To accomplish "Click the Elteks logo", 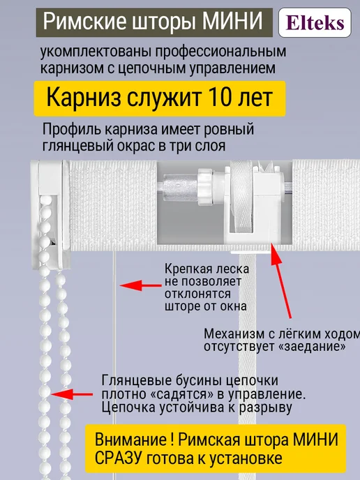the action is pyautogui.click(x=315, y=22).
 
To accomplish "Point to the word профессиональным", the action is pyautogui.click(x=220, y=52).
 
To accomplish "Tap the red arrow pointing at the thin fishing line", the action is pyautogui.click(x=140, y=285).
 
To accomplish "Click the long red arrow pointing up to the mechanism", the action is pyautogui.click(x=281, y=280).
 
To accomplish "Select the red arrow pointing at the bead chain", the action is pyautogui.click(x=72, y=394).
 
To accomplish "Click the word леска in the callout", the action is pyautogui.click(x=232, y=269).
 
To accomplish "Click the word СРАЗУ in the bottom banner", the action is pyautogui.click(x=119, y=458).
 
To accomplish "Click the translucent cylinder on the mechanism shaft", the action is pyautogui.click(x=180, y=186).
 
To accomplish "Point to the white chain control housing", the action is pyautogui.click(x=51, y=214).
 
